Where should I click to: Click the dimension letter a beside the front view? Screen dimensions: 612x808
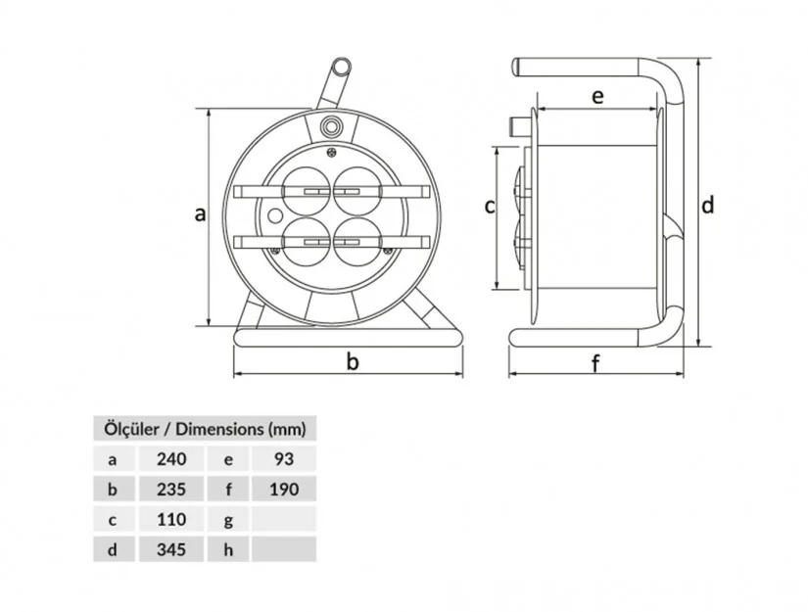200,213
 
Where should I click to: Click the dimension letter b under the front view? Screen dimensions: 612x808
353,361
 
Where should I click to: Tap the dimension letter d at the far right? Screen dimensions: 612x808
707,205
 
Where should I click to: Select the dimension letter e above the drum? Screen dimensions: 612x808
597,95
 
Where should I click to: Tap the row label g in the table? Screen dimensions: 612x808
227,519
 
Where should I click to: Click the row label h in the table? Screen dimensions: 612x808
227,549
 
